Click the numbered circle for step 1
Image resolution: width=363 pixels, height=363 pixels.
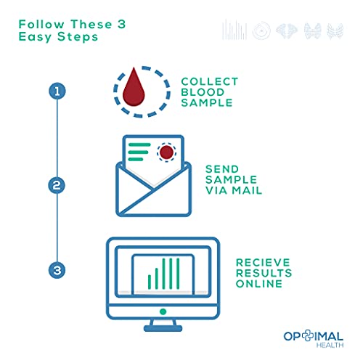coord(57,91)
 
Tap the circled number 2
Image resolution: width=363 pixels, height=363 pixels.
coord(57,185)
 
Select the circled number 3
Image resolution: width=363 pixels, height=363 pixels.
coord(57,270)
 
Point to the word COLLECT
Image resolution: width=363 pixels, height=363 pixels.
coord(210,81)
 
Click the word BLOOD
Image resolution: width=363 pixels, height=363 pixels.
coord(203,92)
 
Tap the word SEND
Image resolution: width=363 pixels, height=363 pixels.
coord(222,169)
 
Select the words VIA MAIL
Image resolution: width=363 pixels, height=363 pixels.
coord(234,190)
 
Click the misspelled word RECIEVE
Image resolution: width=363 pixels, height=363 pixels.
coord(263,263)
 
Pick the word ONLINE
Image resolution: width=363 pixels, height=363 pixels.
coord(259,284)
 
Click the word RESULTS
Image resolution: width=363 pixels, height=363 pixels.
coord(264,273)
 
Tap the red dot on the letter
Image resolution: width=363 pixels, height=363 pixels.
coord(166,152)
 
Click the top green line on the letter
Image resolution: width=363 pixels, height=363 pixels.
coord(139,144)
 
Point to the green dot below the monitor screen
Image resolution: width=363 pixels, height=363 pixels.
coord(163,311)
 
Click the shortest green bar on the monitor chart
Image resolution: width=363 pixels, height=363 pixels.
coord(150,282)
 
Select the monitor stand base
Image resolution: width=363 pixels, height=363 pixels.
coord(163,328)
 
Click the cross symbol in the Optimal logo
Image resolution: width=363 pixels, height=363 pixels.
coord(307,335)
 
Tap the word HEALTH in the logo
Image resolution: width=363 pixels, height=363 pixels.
coord(330,345)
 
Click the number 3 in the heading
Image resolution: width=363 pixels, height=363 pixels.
coord(122,24)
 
